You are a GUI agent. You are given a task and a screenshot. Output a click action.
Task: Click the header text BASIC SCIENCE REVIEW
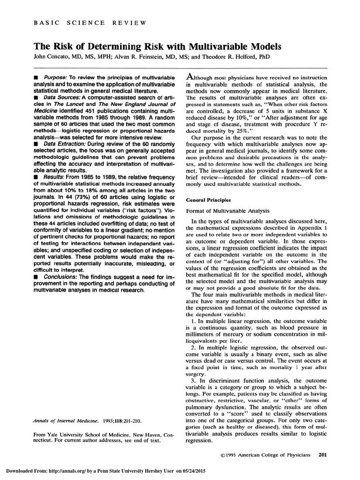pyautogui.click(x=90, y=22)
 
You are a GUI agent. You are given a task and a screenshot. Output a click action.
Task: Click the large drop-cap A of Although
pyautogui.click(x=191, y=76)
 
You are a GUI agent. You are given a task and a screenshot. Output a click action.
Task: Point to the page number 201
pyautogui.click(x=323, y=454)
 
